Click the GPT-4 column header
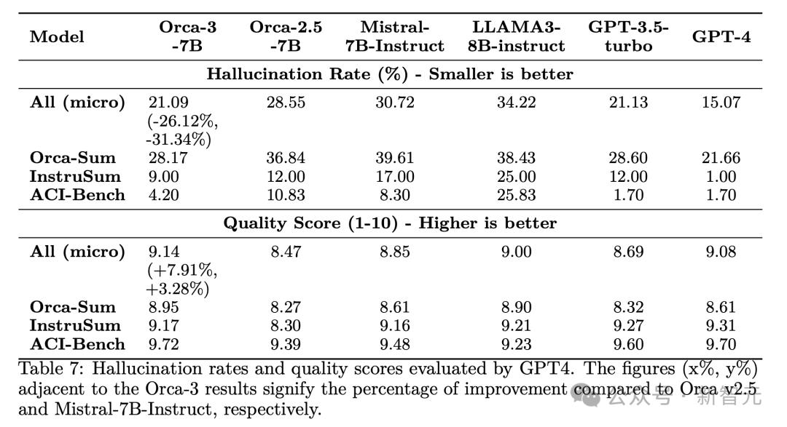[721, 36]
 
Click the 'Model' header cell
[57, 36]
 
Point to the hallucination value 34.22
[517, 103]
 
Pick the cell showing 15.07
[721, 103]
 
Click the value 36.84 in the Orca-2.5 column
[285, 158]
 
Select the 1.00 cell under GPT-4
[721, 177]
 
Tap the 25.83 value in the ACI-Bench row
[517, 195]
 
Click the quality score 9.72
[163, 344]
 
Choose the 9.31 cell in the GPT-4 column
[721, 325]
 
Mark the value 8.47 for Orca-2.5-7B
[285, 252]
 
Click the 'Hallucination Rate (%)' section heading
[390, 74]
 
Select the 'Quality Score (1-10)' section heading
[390, 223]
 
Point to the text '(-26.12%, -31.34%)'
[182, 130]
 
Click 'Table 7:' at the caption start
[50, 370]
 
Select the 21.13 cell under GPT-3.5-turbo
[628, 103]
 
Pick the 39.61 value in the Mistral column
[394, 158]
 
